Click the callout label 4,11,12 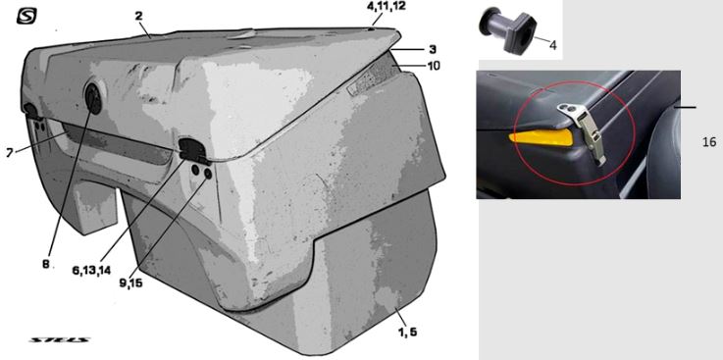point(387,7)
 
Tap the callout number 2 point(138,16)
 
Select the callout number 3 point(433,49)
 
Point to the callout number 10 point(434,66)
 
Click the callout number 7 point(10,153)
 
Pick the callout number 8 point(46,264)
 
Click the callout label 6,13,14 point(91,270)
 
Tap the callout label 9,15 point(130,283)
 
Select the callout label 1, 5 point(408,331)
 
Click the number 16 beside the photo point(709,142)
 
